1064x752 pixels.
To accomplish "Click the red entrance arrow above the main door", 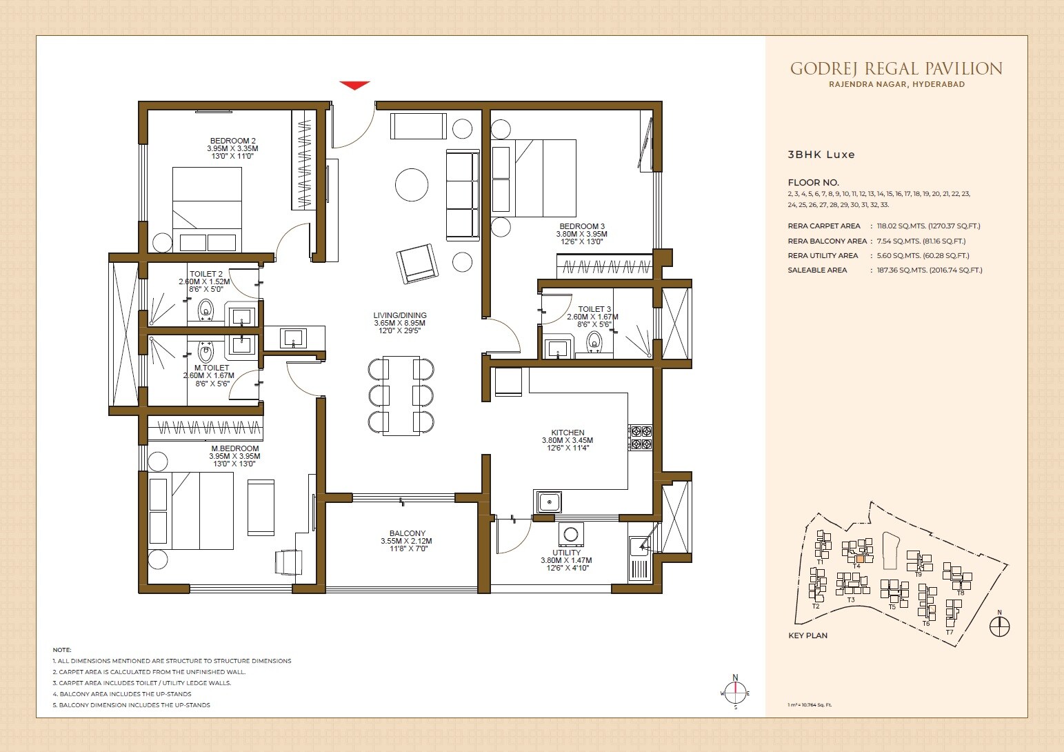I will pos(354,86).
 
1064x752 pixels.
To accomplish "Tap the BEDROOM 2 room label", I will pos(232,141).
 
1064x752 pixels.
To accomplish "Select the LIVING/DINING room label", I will pos(400,315).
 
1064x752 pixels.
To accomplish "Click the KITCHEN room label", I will pos(568,433).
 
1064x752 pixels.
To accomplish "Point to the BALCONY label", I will pos(407,533).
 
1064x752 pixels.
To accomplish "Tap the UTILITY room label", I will pos(566,553).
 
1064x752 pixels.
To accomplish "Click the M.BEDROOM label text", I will pos(234,448).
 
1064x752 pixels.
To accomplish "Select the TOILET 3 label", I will pos(594,309).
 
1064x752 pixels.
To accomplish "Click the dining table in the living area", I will pos(401,395).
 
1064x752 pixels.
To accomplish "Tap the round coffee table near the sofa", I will pos(412,185).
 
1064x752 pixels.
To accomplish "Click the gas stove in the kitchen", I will pos(641,438).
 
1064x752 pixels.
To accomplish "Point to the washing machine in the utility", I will pos(571,535).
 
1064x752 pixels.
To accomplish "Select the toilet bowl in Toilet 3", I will pos(594,343).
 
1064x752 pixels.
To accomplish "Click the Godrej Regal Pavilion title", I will pos(896,68).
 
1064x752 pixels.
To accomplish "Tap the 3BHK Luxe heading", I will pos(821,155).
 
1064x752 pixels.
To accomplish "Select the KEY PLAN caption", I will pos(807,635).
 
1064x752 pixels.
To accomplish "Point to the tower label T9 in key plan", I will pos(918,574).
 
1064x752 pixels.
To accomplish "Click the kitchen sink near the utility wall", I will pos(549,502).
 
